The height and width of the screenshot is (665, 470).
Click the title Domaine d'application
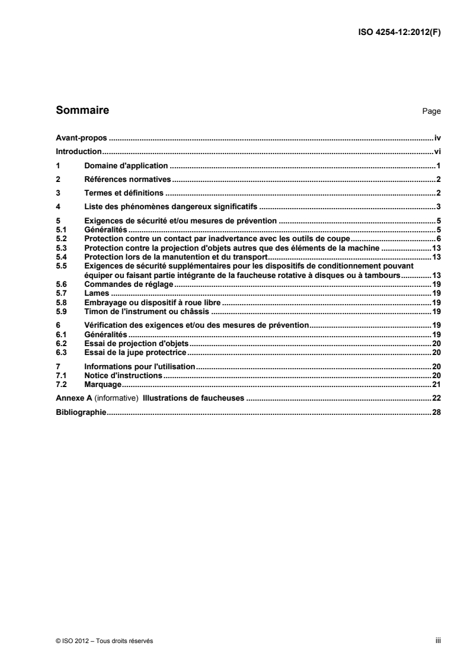[126, 165]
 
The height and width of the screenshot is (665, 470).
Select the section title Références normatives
[127, 179]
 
